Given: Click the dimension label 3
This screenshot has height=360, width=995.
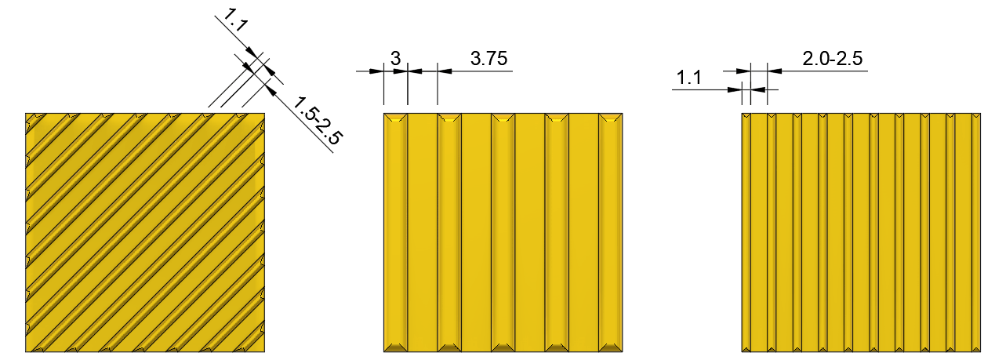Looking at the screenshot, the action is (395, 59).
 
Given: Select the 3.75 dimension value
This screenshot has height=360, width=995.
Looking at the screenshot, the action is (488, 59).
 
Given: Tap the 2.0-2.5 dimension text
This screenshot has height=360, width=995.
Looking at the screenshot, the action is (833, 59).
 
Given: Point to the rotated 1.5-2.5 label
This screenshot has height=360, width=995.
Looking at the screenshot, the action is (317, 121).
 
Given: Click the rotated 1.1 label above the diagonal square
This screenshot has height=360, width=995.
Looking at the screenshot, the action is (235, 20).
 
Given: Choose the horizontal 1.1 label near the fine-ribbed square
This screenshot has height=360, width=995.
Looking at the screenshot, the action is (688, 78).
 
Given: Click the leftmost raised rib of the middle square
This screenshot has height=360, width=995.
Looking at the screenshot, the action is (396, 232).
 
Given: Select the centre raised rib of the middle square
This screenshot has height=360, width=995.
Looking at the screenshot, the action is (503, 232).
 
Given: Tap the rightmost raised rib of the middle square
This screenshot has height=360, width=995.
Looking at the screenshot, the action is (611, 232).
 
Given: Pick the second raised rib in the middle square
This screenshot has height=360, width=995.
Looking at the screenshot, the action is (449, 232).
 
